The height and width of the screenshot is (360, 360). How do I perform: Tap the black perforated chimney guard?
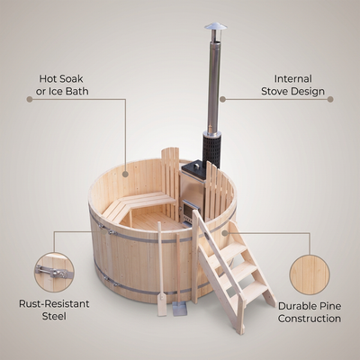(x=212, y=149)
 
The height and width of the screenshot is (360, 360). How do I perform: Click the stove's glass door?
(x=188, y=211)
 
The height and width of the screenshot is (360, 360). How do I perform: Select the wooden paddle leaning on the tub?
(x=161, y=270)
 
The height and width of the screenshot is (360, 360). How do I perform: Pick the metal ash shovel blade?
(x=179, y=309)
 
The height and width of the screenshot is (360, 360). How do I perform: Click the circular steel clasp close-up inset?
(x=54, y=272)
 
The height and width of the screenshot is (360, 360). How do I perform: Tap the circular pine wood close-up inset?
(x=310, y=274)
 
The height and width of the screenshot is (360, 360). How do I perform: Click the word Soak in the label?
(x=70, y=79)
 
